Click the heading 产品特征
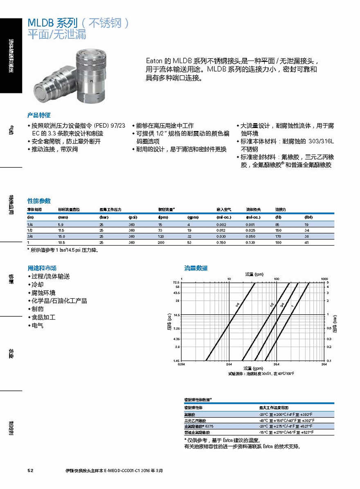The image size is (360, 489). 39,115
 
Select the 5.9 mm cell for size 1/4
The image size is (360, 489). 61,224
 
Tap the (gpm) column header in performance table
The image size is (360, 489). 192,217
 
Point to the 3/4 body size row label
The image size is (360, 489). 30,237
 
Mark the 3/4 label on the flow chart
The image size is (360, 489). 282,304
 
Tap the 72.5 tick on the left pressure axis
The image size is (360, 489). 176,282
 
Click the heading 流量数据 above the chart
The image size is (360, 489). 196,268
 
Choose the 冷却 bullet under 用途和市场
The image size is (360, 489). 38,284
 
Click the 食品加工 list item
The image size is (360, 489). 43,317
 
